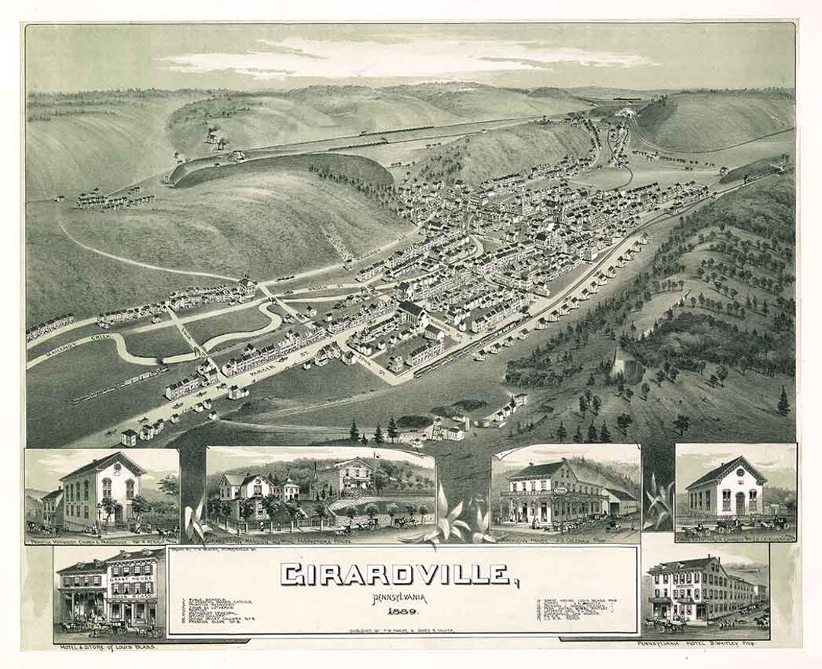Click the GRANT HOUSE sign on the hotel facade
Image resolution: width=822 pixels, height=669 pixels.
[132, 577]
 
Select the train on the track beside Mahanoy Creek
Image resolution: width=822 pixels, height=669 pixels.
[118, 386]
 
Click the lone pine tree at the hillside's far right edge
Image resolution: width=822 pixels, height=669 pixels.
[783, 401]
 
